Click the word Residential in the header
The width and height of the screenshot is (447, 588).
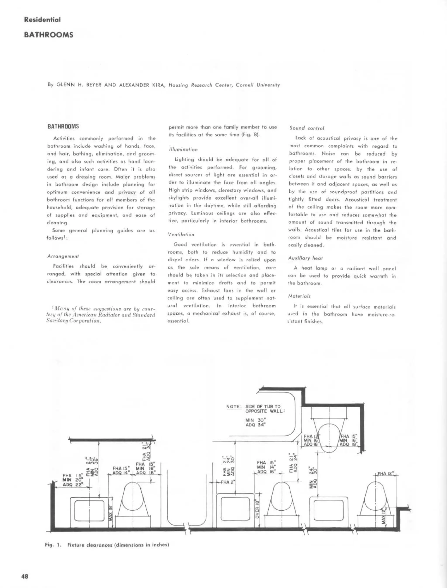tap(42, 20)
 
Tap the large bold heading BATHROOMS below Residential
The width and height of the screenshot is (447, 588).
tap(49, 35)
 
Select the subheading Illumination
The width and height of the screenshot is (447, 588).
tap(183, 150)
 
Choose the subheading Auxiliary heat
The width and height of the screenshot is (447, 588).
tap(303, 258)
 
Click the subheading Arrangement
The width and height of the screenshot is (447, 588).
tap(63, 256)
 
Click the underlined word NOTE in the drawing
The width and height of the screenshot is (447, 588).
tap(233, 406)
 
